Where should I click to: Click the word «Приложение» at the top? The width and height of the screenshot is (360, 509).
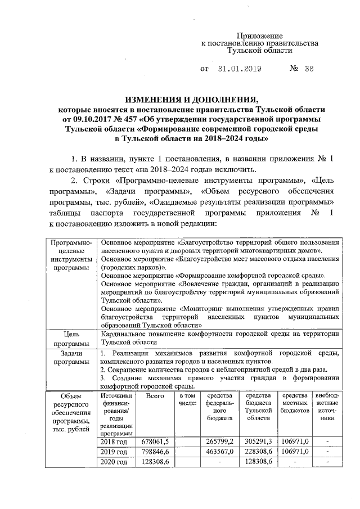[x=259, y=35]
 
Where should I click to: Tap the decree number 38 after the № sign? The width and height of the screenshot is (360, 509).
[x=308, y=70]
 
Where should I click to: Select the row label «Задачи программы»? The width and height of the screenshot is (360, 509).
[x=70, y=357]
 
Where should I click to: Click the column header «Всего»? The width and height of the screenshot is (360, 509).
[x=155, y=397]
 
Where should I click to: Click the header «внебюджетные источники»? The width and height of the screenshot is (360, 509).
[x=326, y=408]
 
